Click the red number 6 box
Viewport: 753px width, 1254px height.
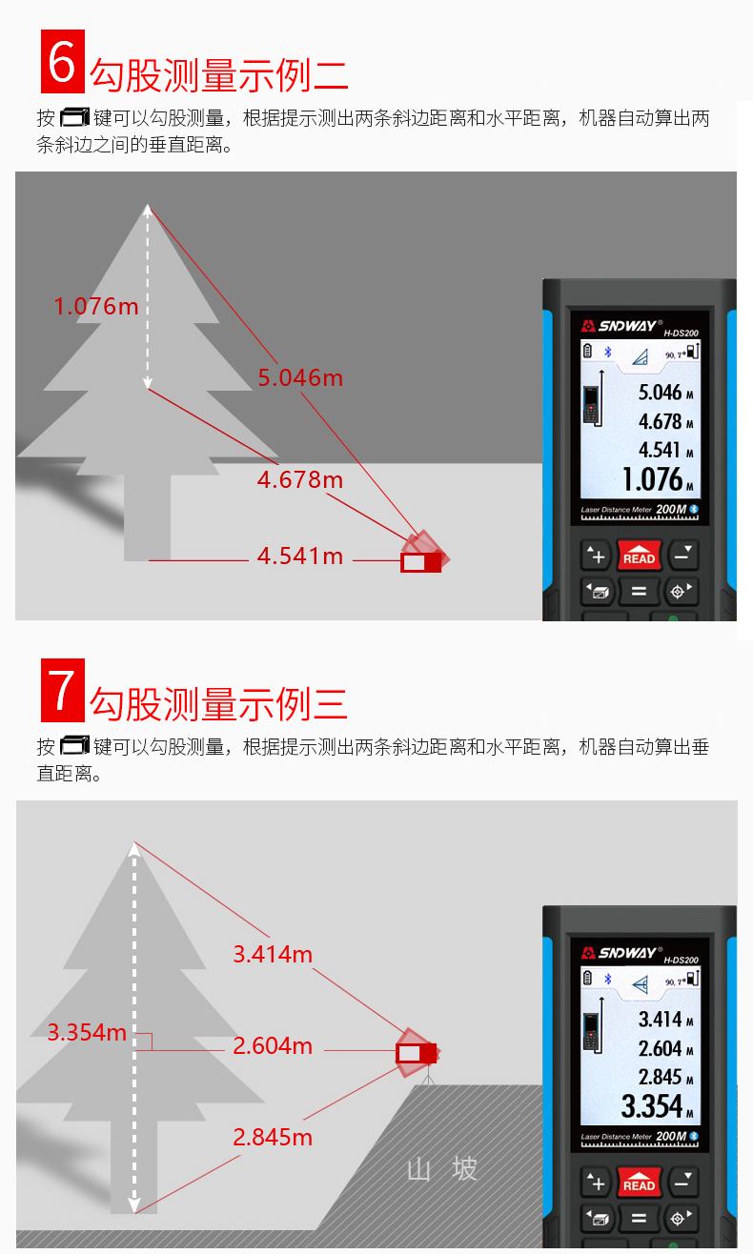[63, 62]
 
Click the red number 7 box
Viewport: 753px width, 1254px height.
[63, 690]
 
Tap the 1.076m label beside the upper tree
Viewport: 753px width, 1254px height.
[95, 307]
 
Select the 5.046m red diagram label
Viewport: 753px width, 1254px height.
[300, 378]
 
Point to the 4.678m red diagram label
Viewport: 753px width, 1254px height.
[300, 479]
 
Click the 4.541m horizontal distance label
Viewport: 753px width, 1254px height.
[300, 556]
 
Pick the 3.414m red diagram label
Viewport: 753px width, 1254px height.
[273, 955]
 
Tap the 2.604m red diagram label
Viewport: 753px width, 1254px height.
[273, 1045]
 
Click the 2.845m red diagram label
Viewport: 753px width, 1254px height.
[273, 1138]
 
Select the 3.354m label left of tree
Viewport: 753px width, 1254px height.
[87, 1033]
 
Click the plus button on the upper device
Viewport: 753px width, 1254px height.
[597, 556]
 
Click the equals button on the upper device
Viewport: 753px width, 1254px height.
[639, 591]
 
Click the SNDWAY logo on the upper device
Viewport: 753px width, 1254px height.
[621, 326]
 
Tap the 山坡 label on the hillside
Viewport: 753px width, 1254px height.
[441, 1169]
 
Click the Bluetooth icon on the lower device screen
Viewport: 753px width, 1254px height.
[608, 979]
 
